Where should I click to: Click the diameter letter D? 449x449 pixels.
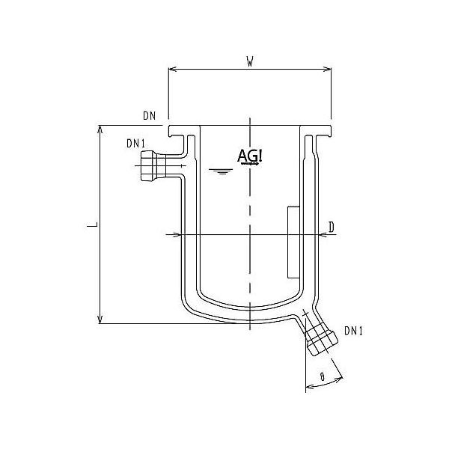coord(331,226)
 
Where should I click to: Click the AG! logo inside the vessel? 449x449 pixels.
coord(250,156)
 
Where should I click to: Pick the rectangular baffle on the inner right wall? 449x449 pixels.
coord(293,239)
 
